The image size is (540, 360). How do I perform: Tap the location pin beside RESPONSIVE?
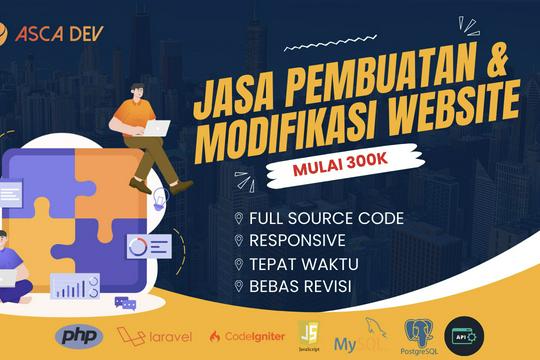(238, 241)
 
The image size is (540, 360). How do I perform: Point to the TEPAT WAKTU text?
(298, 265)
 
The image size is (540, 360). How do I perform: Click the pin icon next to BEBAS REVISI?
(238, 288)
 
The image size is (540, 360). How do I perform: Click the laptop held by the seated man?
(156, 128)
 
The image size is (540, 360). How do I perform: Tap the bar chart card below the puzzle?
(75, 288)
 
